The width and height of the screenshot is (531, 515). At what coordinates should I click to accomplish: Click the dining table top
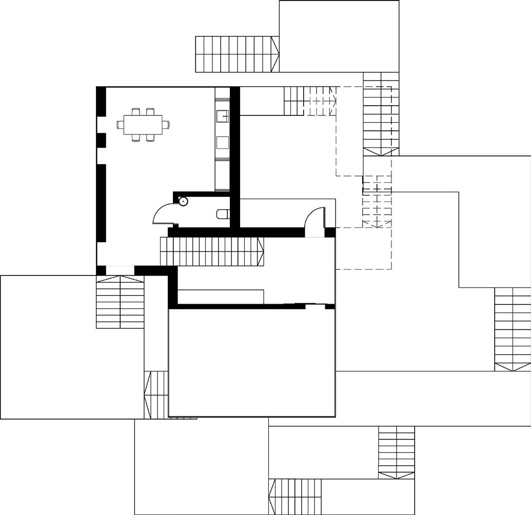143,124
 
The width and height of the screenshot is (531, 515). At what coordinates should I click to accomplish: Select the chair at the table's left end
120,124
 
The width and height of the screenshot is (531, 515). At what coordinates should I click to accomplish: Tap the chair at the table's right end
166,124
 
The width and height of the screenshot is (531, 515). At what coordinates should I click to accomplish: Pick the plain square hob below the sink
222,142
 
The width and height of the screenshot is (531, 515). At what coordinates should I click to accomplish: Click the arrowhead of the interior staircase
261,251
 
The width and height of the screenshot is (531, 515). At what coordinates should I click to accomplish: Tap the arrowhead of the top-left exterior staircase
276,54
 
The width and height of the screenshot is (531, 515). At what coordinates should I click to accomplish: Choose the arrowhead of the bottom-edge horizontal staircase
271,497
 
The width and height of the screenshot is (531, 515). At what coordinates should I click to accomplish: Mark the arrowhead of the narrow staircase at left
148,394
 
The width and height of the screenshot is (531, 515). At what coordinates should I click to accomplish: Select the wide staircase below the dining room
120,303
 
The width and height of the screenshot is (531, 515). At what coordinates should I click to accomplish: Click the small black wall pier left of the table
101,140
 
